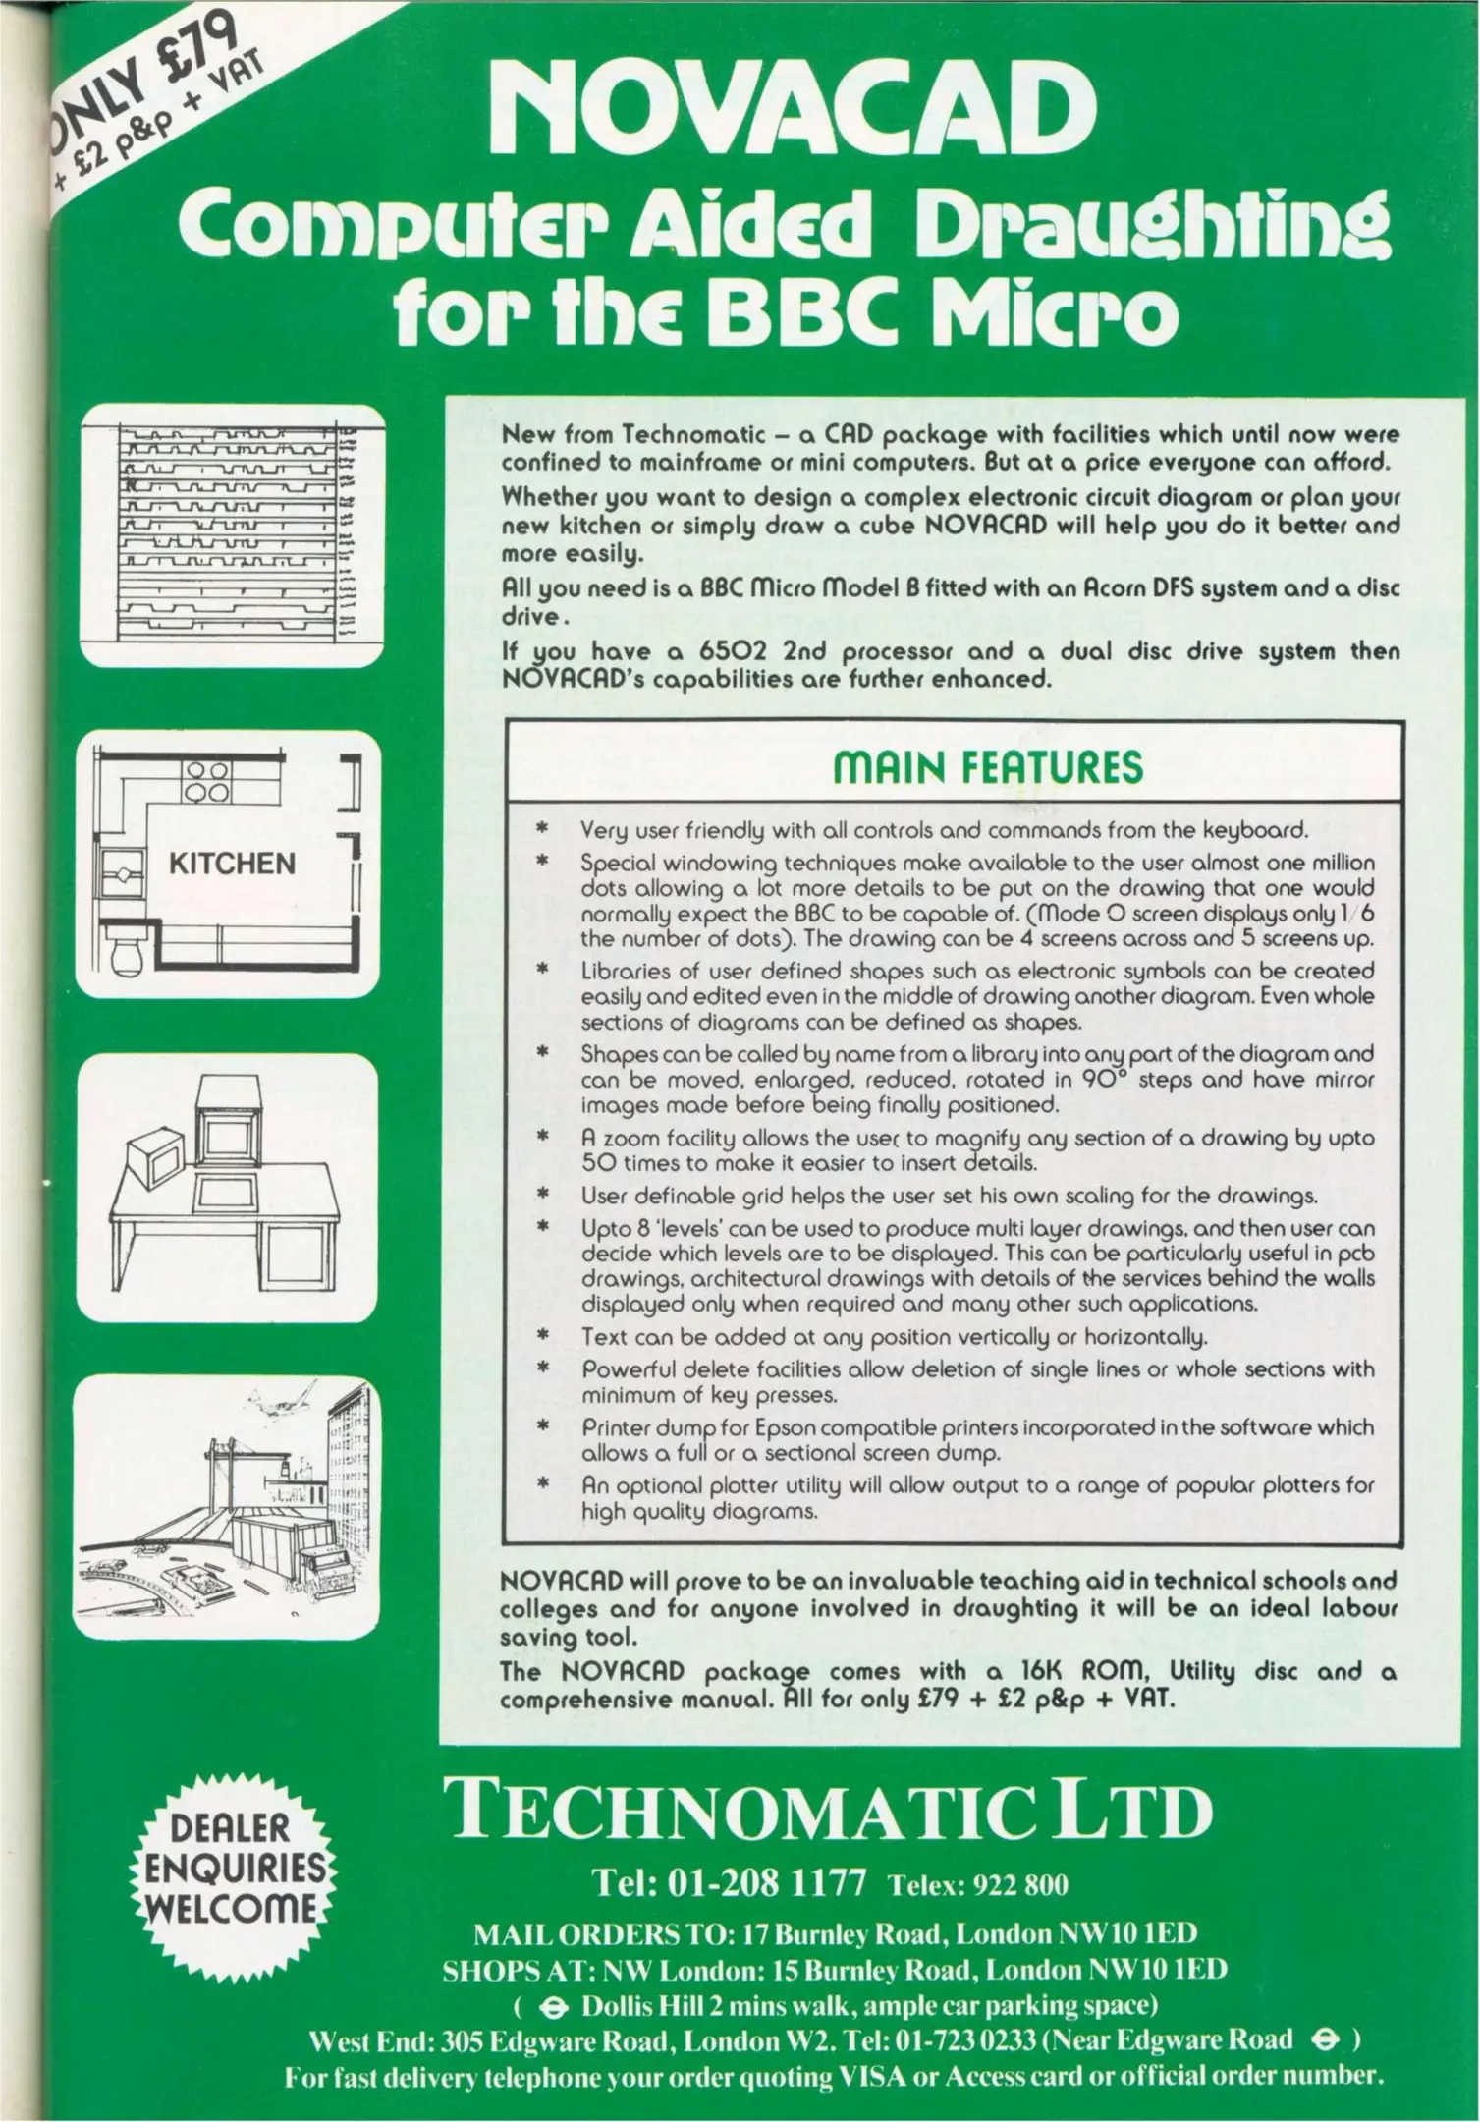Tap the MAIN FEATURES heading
coord(987,767)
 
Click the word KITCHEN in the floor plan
coord(232,864)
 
